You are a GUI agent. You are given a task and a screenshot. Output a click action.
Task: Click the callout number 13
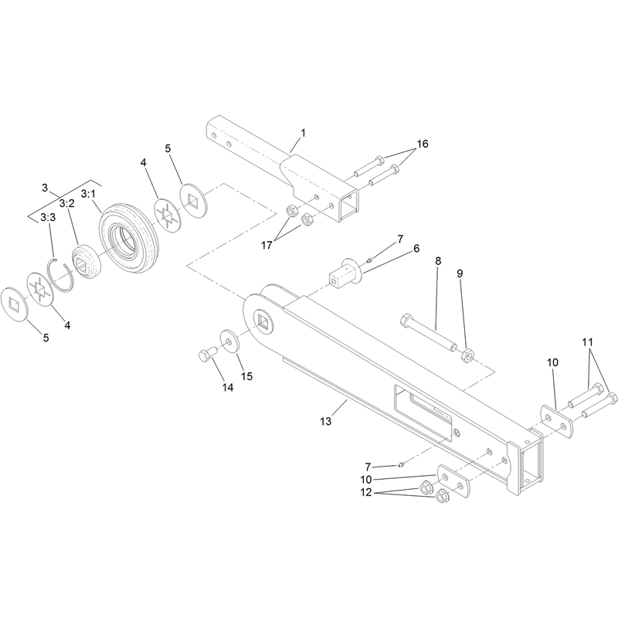(x=325, y=421)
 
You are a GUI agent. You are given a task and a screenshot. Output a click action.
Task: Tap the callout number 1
(x=303, y=133)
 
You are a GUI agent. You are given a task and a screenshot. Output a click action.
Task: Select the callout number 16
(x=422, y=144)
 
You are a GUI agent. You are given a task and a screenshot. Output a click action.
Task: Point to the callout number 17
(x=267, y=245)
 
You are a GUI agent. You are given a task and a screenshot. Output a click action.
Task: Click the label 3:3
(x=48, y=217)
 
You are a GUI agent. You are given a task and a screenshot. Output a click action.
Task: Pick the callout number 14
(x=227, y=388)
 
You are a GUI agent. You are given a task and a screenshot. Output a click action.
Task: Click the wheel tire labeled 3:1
(x=129, y=239)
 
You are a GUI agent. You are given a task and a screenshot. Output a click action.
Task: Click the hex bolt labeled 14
(x=207, y=355)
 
